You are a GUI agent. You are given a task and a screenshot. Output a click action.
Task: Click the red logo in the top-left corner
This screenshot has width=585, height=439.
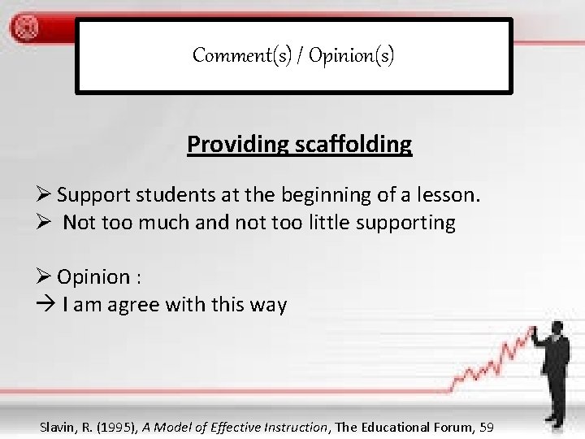point(25,28)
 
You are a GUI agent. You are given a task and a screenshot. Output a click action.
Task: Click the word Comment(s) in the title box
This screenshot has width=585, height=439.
point(228,55)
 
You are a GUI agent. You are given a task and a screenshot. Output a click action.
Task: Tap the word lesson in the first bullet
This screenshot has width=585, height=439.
point(450,195)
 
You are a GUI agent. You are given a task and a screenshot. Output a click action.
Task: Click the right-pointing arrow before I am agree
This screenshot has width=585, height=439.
point(47,306)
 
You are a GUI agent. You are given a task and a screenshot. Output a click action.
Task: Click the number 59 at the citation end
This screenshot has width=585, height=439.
point(486,427)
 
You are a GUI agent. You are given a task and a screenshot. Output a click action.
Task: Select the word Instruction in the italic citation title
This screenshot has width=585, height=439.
point(293,427)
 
